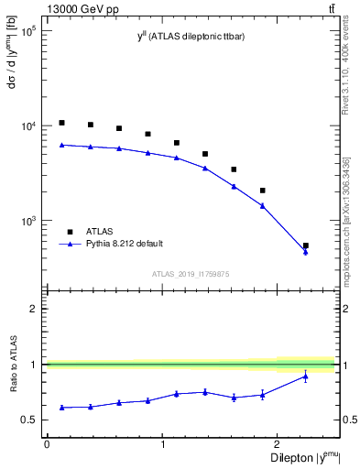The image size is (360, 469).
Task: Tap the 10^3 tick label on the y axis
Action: coord(28,222)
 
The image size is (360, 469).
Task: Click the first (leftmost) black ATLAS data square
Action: coord(61,123)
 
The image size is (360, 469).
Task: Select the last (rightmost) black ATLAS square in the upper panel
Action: coord(306,245)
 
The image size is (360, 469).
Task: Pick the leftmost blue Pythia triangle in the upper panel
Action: coord(61,145)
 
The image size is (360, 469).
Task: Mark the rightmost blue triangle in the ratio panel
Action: coord(306,376)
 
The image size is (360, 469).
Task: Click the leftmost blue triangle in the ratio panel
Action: coord(61,407)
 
